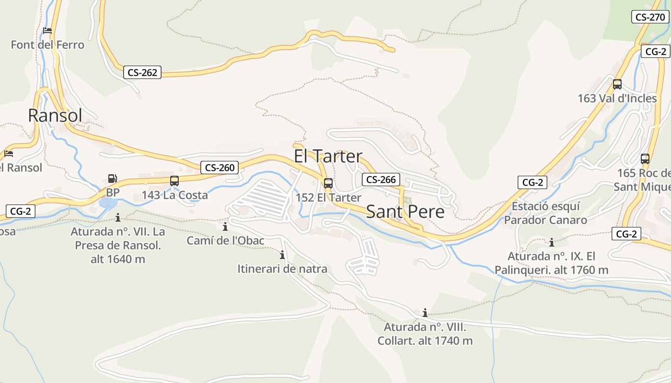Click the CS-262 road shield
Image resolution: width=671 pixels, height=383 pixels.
coord(142,73)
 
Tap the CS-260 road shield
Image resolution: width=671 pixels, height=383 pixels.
coord(220,168)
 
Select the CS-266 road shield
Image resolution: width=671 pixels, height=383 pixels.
coord(381,180)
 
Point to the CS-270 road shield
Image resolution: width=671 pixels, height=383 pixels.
coord(649,17)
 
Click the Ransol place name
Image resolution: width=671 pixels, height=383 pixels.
coord(55,115)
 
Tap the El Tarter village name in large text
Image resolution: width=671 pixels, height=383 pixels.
coord(328,156)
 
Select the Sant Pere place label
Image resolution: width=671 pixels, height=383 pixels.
coord(405,212)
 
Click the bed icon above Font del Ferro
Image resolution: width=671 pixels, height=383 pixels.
coord(47,31)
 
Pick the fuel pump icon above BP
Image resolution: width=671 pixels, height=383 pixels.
coord(112,179)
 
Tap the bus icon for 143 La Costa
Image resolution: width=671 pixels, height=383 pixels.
coord(174,181)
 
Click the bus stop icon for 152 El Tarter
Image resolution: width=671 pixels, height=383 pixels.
coord(328,183)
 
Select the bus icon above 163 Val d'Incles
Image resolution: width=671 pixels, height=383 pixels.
coord(617,84)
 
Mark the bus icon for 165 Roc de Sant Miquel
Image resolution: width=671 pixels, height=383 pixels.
coord(645,159)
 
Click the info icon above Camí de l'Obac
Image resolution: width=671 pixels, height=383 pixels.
coord(225,226)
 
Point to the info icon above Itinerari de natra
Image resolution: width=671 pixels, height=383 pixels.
coord(282,255)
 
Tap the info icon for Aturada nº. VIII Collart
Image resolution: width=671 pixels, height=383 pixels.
coord(425,313)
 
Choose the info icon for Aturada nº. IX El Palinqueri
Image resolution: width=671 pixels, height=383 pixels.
coord(552,242)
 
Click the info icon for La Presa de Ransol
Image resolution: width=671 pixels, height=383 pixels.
coord(118,218)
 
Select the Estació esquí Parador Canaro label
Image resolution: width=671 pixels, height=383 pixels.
coord(545,214)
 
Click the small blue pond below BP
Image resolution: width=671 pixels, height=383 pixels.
coord(108,203)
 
